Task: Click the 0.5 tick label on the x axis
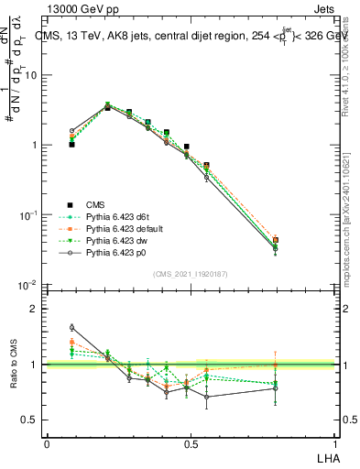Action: click(190, 442)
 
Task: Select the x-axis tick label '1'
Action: click(337, 442)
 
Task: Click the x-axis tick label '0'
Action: click(47, 442)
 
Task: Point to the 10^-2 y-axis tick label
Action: click(27, 285)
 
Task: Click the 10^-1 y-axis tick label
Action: click(27, 215)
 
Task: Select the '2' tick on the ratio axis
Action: click(34, 309)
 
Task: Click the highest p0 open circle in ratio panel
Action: click(71, 327)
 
